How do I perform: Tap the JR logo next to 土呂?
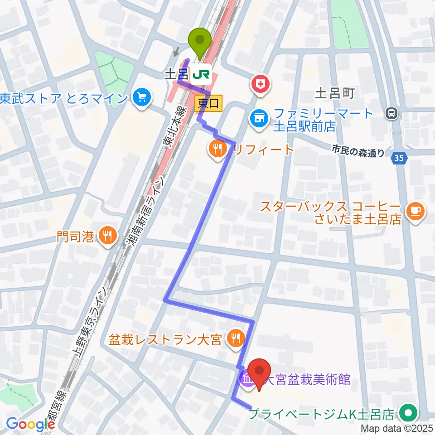tap(201, 74)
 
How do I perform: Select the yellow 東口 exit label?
tap(209, 103)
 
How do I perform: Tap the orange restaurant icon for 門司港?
tap(107, 235)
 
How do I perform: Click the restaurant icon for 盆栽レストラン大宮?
tap(236, 338)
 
